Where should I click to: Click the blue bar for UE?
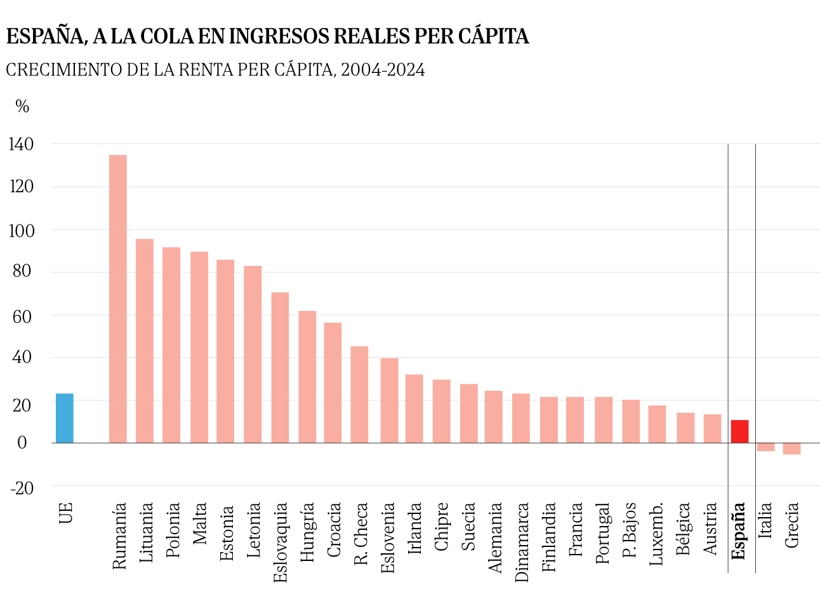pyautogui.click(x=65, y=418)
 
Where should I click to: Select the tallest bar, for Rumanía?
pyautogui.click(x=118, y=299)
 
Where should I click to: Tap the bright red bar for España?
pyautogui.click(x=739, y=431)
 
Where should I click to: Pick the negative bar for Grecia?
pyautogui.click(x=791, y=449)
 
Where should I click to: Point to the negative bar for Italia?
pyautogui.click(x=765, y=447)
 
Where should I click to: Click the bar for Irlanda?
pyautogui.click(x=414, y=409)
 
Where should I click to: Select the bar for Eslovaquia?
pyautogui.click(x=280, y=367)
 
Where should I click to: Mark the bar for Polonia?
pyautogui.click(x=171, y=345)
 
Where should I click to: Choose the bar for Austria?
pyautogui.click(x=712, y=428)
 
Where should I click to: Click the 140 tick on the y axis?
pyautogui.click(x=21, y=145)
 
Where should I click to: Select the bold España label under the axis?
pyautogui.click(x=738, y=531)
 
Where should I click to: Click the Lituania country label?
pyautogui.click(x=145, y=531)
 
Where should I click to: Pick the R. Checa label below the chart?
pyautogui.click(x=360, y=534)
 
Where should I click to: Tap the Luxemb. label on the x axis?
pyautogui.click(x=656, y=533)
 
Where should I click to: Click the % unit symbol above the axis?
pyautogui.click(x=22, y=107)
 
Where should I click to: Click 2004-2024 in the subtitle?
pyautogui.click(x=383, y=70)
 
